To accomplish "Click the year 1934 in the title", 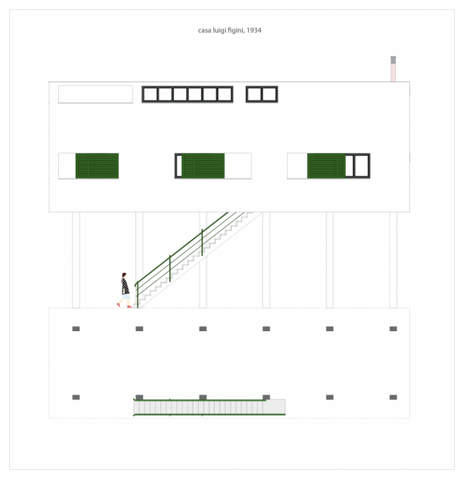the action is click(x=254, y=30).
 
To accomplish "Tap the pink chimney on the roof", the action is click(x=393, y=69).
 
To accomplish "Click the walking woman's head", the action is click(x=124, y=275).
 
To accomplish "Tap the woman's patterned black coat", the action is click(x=125, y=286).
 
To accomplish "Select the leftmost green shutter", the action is click(x=97, y=166).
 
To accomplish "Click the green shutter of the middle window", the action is click(x=203, y=166).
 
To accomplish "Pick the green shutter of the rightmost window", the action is click(x=326, y=166).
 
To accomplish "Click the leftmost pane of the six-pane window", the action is click(x=150, y=94).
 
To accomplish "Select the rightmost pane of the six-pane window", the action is click(x=225, y=94).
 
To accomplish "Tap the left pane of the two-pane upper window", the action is click(x=254, y=94).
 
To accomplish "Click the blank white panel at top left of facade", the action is click(x=96, y=94).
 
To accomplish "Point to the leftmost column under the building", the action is click(x=76, y=260).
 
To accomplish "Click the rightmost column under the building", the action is click(x=393, y=260).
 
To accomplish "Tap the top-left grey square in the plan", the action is click(x=76, y=329).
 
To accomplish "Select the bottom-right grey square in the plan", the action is click(x=393, y=397).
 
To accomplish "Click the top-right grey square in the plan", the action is click(x=393, y=329).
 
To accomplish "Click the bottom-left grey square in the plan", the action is click(x=76, y=397).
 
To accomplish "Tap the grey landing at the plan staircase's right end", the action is click(x=275, y=407).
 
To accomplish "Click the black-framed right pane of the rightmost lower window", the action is click(x=362, y=166).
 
